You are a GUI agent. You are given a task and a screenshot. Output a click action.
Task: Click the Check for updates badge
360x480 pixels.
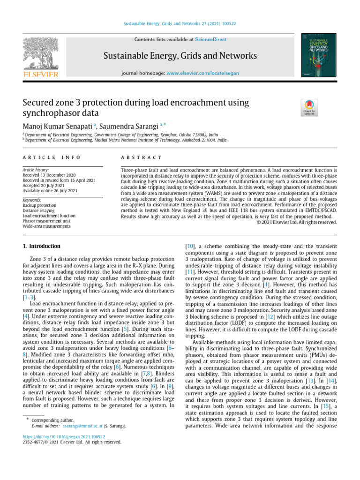coord(311,108)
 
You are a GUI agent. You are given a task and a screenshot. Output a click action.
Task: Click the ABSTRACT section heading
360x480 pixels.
coord(141,157)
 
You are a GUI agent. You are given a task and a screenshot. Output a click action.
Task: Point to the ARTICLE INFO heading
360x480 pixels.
coord(52,157)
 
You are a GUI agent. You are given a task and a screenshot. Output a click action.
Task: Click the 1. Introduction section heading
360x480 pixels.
coord(42,246)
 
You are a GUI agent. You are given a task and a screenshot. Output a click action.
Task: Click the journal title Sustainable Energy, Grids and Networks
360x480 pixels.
coord(180,56)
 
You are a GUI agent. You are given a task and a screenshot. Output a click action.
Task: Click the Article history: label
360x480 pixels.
coord(36,170)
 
